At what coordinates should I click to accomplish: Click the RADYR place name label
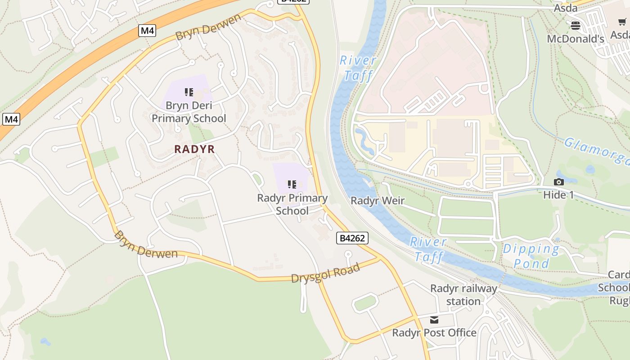(194, 149)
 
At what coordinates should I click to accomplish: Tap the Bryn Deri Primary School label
(189, 112)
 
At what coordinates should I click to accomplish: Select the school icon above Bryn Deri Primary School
(189, 92)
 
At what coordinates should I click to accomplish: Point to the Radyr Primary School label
(292, 204)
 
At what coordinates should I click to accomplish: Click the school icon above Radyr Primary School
(292, 184)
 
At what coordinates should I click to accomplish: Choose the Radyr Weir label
(378, 201)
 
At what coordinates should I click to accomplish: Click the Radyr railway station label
(463, 295)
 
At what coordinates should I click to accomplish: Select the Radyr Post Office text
(434, 333)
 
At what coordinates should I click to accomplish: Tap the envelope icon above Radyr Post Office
(434, 320)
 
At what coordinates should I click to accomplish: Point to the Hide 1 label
(558, 195)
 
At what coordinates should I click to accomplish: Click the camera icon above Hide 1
(559, 182)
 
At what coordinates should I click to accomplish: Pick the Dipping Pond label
(531, 256)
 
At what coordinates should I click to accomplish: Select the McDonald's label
(576, 39)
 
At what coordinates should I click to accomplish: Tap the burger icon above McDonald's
(576, 26)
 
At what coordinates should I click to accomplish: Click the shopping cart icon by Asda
(622, 22)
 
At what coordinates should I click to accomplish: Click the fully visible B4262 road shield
(352, 238)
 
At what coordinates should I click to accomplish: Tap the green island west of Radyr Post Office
(365, 303)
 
